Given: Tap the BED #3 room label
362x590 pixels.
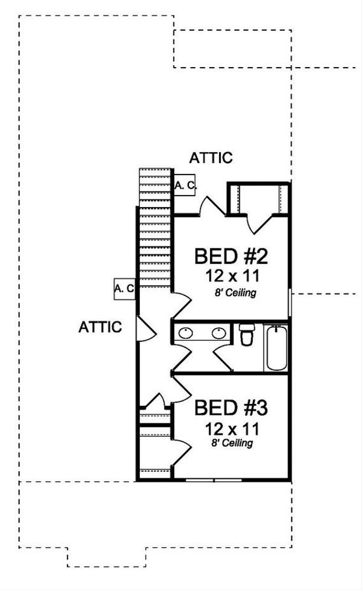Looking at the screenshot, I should point(230,408).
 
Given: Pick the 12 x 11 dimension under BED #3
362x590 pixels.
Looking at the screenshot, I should point(230,429).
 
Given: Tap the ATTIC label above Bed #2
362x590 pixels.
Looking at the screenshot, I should point(211,158).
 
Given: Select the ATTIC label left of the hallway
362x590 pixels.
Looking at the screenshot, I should point(100,327).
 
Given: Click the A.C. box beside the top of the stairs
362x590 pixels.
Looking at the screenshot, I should point(185,187).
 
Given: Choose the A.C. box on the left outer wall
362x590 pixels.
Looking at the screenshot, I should point(124,289).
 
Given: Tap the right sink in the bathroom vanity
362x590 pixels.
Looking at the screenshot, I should point(218,332).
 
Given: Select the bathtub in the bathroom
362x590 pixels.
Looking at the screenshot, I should point(276,348).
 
